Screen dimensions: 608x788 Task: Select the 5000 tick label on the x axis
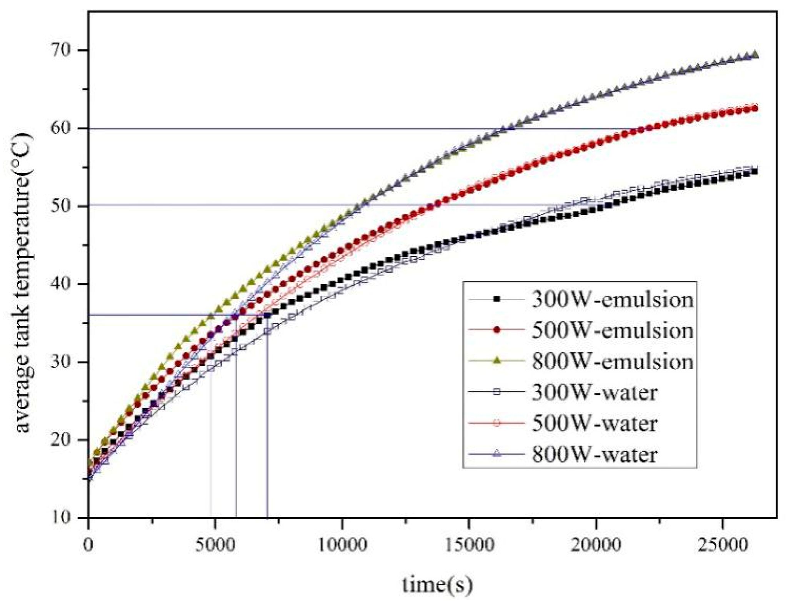pyautogui.click(x=215, y=545)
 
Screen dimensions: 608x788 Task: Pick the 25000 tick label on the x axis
pyautogui.click(x=722, y=545)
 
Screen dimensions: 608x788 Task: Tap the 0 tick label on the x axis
pyautogui.click(x=88, y=545)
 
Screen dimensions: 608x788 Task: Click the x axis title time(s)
pyautogui.click(x=437, y=585)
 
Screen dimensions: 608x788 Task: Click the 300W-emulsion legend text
pyautogui.click(x=612, y=299)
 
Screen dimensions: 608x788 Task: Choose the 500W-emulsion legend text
pyautogui.click(x=612, y=330)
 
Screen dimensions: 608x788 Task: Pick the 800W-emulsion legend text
pyautogui.click(x=612, y=361)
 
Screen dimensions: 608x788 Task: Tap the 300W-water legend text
pyautogui.click(x=594, y=392)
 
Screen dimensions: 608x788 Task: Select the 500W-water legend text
pyautogui.click(x=594, y=423)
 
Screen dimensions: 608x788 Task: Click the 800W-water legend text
pyautogui.click(x=594, y=454)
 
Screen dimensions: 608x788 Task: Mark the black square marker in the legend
pyautogui.click(x=496, y=299)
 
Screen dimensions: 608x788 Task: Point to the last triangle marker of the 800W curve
pyautogui.click(x=755, y=55)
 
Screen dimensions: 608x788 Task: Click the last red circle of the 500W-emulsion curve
pyautogui.click(x=755, y=109)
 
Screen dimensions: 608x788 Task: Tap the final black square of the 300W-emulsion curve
pyautogui.click(x=755, y=172)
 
